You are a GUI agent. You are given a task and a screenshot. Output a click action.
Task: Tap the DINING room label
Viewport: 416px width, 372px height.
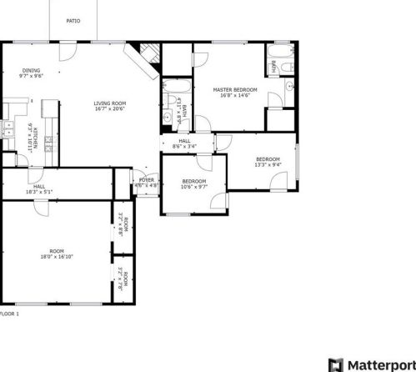pyautogui.click(x=31, y=71)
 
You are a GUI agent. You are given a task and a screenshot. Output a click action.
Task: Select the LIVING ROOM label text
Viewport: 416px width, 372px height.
pyautogui.click(x=109, y=103)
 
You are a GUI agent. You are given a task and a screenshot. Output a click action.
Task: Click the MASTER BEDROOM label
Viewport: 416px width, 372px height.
pyautogui.click(x=234, y=89)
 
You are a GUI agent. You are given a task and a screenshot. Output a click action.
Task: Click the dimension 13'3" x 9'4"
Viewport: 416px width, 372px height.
pyautogui.click(x=267, y=164)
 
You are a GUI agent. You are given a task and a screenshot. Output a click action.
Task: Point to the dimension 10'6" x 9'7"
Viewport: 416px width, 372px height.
pyautogui.click(x=193, y=187)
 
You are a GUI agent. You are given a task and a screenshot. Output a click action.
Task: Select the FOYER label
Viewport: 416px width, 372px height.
pyautogui.click(x=147, y=180)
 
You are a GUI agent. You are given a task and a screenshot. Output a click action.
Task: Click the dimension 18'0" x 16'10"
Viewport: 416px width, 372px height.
pyautogui.click(x=56, y=257)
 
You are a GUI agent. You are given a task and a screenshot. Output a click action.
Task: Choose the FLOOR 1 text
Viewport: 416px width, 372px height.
pyautogui.click(x=8, y=314)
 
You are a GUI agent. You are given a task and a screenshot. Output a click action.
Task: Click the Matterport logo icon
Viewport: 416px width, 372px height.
pyautogui.click(x=335, y=364)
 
